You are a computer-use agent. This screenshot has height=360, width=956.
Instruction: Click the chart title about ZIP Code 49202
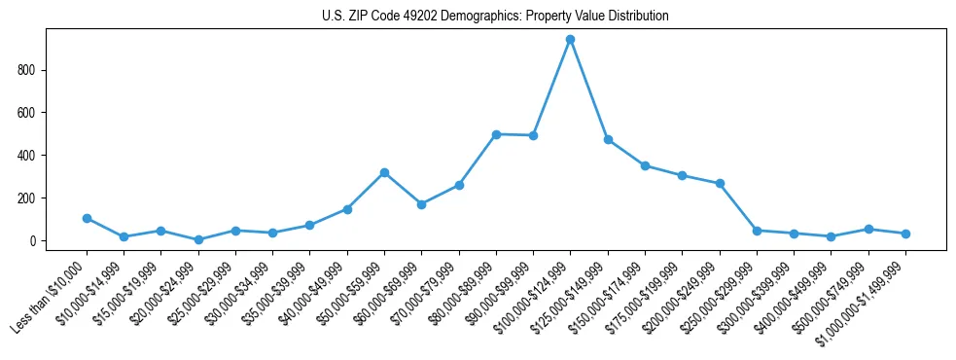495,17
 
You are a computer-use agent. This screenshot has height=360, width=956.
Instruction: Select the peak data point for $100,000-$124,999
570,39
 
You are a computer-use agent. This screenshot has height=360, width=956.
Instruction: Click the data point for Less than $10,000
87,218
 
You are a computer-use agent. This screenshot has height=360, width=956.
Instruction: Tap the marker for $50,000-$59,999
384,172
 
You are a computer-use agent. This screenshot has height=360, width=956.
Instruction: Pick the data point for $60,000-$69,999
421,204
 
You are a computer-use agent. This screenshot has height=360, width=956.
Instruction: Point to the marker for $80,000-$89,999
496,134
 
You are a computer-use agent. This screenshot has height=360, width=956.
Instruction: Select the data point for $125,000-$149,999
608,139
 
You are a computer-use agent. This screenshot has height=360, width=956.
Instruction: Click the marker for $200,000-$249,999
720,183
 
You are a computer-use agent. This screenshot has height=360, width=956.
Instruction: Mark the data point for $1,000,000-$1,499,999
905,234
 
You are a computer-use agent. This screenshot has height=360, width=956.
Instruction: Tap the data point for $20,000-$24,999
198,239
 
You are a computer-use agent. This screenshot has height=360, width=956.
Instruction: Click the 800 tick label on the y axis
27,70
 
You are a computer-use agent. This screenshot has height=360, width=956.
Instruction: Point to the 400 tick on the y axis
27,156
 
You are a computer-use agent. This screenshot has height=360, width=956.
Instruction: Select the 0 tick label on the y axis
32,241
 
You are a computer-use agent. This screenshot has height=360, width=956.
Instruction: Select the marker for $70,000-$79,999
459,185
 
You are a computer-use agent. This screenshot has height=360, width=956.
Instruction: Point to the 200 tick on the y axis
27,198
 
